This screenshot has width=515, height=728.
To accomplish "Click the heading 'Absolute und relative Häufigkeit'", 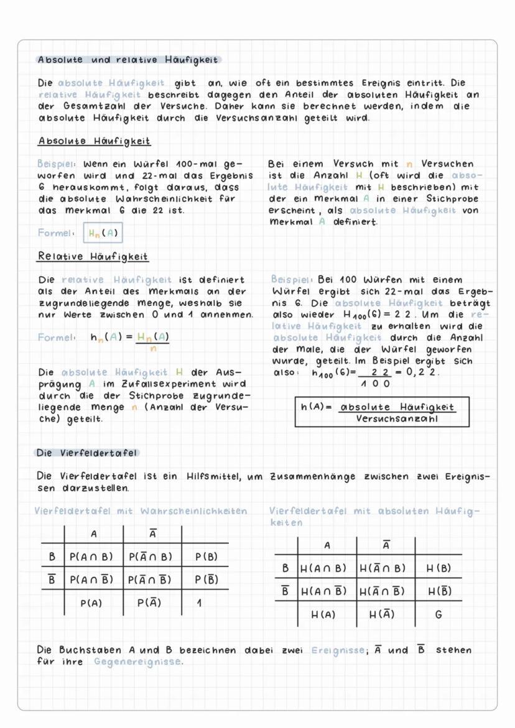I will click(128, 60).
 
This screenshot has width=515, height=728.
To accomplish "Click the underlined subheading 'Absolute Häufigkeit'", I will click(94, 142).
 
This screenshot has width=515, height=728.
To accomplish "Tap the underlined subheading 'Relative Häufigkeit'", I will click(93, 256).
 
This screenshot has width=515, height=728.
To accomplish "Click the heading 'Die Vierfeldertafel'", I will click(87, 453).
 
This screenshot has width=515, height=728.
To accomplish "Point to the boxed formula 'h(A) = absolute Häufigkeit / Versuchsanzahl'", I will click(382, 413).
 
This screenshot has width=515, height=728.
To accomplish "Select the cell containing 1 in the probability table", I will click(198, 602).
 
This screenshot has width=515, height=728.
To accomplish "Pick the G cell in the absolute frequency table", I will click(438, 614).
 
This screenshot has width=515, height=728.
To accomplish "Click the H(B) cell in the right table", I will click(438, 568).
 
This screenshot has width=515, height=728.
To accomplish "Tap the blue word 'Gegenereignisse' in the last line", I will click(138, 661).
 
